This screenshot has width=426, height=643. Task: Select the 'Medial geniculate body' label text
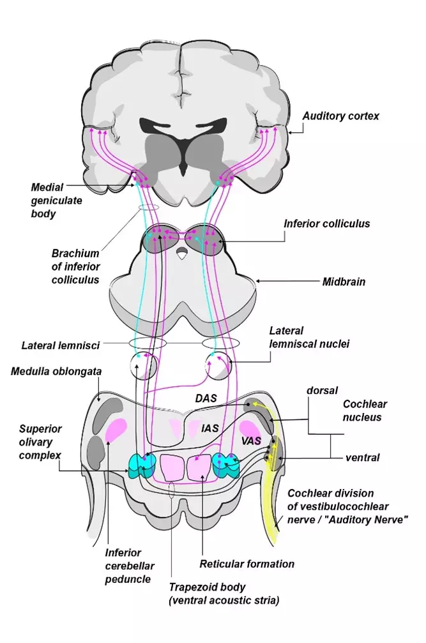point(54,200)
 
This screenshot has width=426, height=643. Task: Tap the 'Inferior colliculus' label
point(326,223)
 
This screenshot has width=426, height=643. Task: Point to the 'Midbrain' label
point(344,281)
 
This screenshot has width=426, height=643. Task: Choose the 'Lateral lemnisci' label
point(61,345)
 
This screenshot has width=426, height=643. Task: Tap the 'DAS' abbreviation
point(206,398)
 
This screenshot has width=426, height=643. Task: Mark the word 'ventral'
point(362,457)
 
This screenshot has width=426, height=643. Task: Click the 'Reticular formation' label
point(247,563)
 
